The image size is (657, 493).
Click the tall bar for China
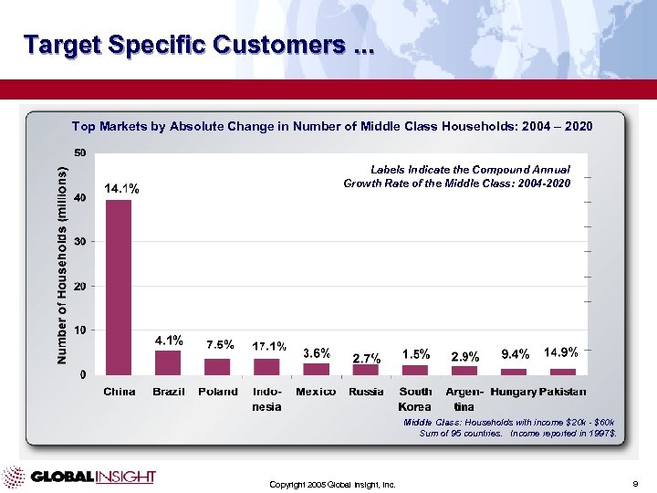click(x=119, y=287)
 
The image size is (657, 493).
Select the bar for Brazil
click(x=168, y=362)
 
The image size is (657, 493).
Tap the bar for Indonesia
click(x=266, y=366)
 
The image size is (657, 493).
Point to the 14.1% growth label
click(x=121, y=189)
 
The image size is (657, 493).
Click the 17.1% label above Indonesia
click(x=269, y=346)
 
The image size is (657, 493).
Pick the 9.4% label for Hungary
click(x=515, y=353)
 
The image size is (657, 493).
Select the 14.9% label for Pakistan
click(x=561, y=352)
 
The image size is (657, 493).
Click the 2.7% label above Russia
click(x=366, y=357)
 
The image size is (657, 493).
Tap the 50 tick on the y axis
click(x=80, y=152)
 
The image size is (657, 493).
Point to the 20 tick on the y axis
click(x=80, y=286)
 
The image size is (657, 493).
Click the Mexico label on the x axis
click(x=316, y=392)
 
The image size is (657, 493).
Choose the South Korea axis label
click(x=415, y=398)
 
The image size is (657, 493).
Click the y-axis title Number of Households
click(x=62, y=266)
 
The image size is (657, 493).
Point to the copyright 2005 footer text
click(x=332, y=484)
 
